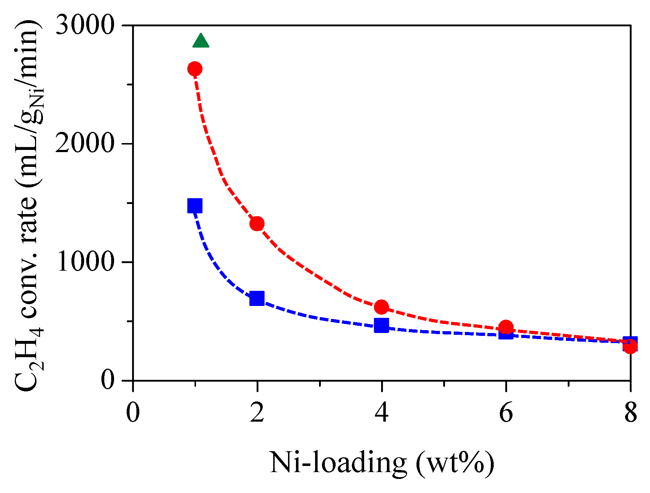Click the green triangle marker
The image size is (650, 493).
(x=201, y=41)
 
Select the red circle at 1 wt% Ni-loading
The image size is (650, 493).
(x=195, y=69)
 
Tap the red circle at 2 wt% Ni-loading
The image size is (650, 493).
(x=257, y=224)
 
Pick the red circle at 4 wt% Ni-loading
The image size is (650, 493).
(x=381, y=307)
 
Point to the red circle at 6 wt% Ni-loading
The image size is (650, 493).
(x=506, y=327)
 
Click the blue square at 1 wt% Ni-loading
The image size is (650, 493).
(x=195, y=206)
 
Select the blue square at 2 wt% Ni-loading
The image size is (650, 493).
(x=257, y=298)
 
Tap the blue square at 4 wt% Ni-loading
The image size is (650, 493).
(x=381, y=325)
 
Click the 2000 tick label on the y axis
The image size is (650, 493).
(x=85, y=144)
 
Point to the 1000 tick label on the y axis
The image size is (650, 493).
(x=85, y=262)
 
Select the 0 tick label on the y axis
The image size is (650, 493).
(x=108, y=380)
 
